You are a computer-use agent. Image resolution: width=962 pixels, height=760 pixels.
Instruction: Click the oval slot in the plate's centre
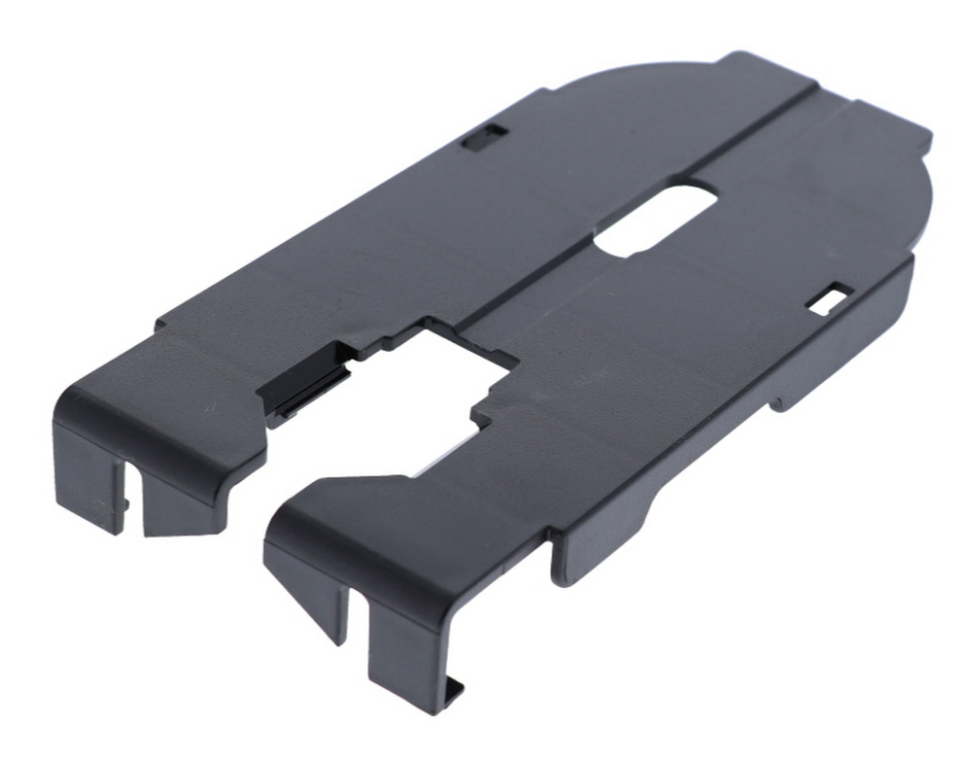point(657,220)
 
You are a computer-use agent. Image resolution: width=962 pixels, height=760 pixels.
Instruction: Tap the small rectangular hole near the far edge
point(484,138)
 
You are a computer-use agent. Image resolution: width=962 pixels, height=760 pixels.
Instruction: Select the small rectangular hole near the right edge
point(830,298)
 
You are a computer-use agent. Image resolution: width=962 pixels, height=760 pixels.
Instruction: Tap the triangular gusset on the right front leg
point(322,593)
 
